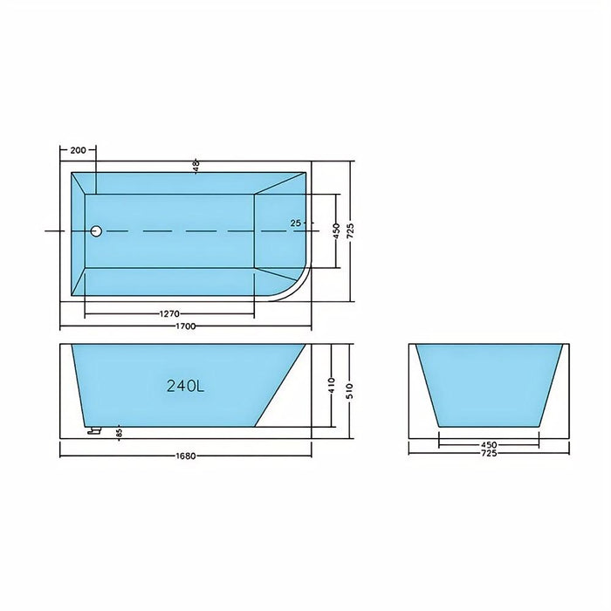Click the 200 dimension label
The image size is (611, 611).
coord(78,151)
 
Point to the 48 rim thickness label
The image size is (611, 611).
coord(196,164)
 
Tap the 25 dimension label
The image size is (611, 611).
coord(296,223)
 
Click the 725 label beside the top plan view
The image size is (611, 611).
coord(350,230)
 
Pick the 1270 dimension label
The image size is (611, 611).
coord(170,314)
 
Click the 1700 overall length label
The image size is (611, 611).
coord(183,326)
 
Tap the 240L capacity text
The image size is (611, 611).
coord(185,386)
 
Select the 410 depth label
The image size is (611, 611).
coord(332,384)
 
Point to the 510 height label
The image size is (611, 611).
coord(350,385)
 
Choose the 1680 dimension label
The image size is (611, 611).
coord(184,454)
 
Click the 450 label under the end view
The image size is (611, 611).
coord(489,443)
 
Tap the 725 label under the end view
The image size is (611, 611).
coord(489,454)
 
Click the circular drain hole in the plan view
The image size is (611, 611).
coord(97,230)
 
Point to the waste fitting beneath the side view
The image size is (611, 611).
coord(94,430)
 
